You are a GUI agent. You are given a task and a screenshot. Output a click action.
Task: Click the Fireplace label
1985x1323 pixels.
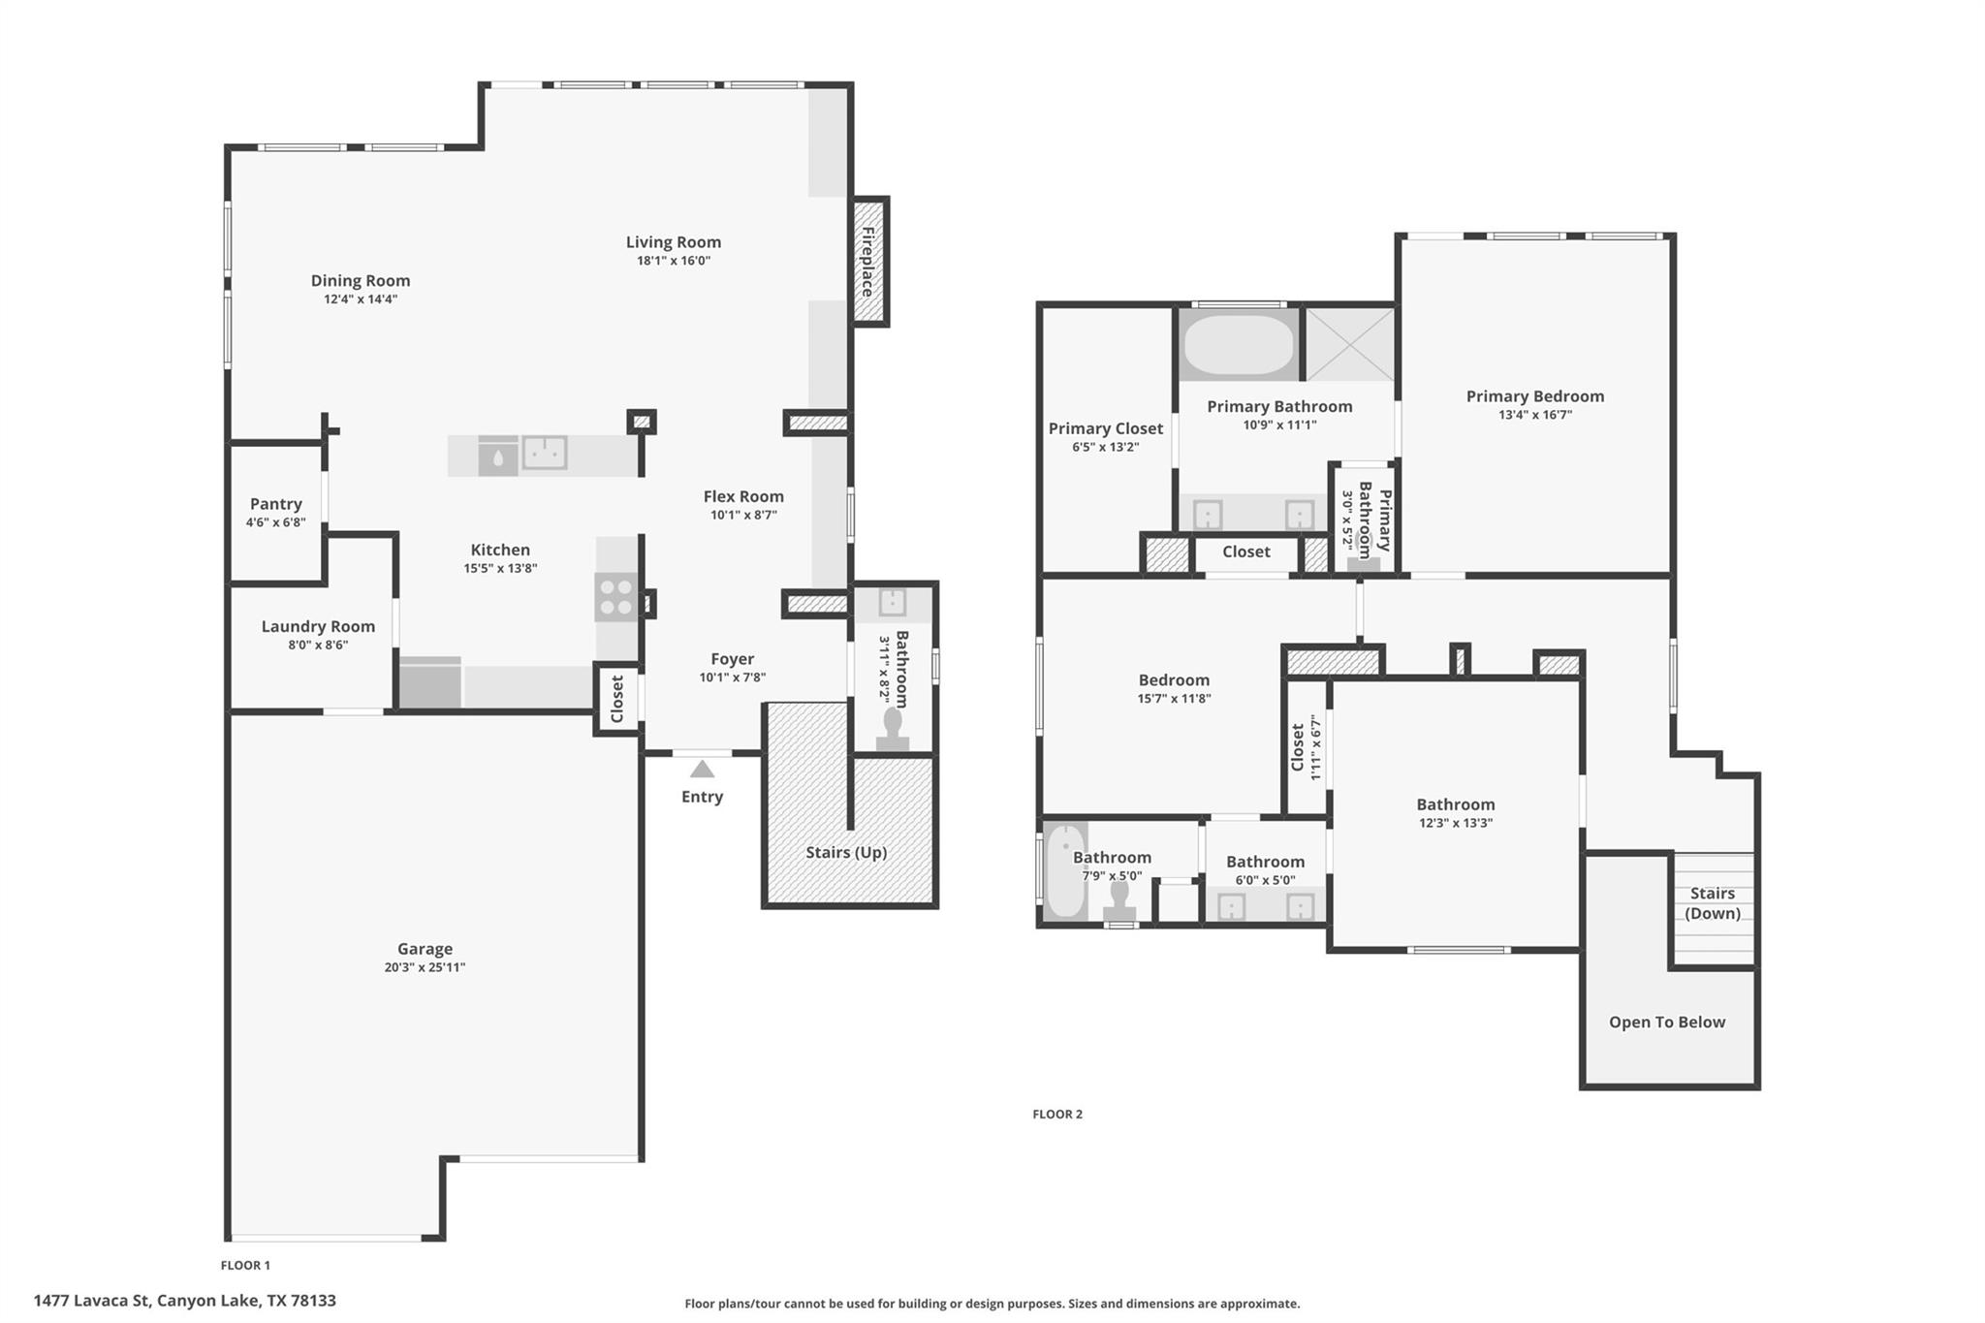pyautogui.click(x=868, y=262)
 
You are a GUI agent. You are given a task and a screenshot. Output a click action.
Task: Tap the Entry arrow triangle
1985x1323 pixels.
pyautogui.click(x=702, y=770)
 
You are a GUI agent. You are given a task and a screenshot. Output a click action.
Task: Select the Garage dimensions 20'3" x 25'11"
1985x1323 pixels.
pyautogui.click(x=425, y=967)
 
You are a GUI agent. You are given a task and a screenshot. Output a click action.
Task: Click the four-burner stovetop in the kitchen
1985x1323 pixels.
pyautogui.click(x=615, y=596)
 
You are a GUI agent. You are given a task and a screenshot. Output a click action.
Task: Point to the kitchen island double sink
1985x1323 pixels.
pyautogui.click(x=545, y=453)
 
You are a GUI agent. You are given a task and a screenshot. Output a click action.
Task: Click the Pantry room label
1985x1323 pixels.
pyautogui.click(x=275, y=504)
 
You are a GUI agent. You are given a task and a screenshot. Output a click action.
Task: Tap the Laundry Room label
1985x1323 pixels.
pyautogui.click(x=318, y=626)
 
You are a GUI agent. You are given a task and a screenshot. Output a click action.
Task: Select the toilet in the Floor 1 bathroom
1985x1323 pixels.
pyautogui.click(x=893, y=728)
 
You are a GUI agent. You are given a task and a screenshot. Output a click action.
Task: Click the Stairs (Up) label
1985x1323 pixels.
pyautogui.click(x=846, y=852)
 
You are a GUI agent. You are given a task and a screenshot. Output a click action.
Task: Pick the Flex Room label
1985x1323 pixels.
pyautogui.click(x=743, y=496)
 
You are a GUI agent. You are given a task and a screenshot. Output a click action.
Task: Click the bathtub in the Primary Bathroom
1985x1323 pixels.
pyautogui.click(x=1239, y=345)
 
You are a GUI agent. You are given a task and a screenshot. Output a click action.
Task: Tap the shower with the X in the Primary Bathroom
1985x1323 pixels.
pyautogui.click(x=1350, y=344)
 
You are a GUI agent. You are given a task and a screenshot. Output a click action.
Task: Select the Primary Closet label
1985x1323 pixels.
pyautogui.click(x=1105, y=428)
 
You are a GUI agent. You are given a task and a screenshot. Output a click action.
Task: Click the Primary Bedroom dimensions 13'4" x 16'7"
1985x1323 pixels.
pyautogui.click(x=1534, y=415)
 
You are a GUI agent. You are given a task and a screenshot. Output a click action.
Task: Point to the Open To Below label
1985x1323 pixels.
pyautogui.click(x=1667, y=1022)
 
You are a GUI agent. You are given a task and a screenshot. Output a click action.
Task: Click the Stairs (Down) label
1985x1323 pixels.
pyautogui.click(x=1713, y=903)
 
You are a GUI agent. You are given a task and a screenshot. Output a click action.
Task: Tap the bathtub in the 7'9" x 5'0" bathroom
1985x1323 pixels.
pyautogui.click(x=1064, y=870)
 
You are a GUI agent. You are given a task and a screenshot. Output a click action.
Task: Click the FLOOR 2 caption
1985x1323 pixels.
pyautogui.click(x=1057, y=1114)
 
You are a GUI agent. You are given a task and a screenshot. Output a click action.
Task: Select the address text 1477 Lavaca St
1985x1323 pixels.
pyautogui.click(x=91, y=1301)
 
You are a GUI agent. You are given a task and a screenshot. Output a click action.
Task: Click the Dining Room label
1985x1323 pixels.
pyautogui.click(x=361, y=280)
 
